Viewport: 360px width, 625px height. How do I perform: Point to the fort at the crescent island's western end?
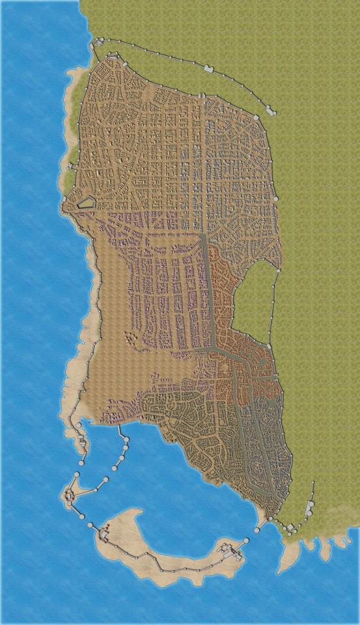click(104, 535)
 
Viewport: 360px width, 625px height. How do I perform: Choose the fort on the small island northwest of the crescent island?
click(70, 496)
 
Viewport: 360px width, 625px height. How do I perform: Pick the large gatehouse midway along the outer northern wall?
click(209, 68)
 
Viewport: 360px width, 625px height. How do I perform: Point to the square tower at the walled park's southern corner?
click(269, 346)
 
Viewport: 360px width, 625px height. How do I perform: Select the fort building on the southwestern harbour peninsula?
click(83, 444)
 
